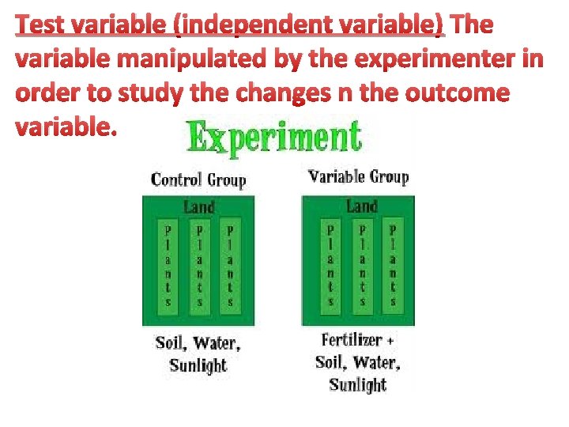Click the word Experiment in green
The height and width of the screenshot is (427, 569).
coord(274,138)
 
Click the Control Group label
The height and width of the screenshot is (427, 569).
coord(198,179)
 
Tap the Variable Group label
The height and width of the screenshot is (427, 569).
coord(358,176)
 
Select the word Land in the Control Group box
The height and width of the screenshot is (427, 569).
coord(198,207)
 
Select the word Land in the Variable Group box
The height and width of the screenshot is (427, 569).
coord(361,206)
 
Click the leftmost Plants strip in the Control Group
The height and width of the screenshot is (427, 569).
coord(168,266)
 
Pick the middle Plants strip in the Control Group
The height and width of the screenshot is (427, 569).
coord(199,266)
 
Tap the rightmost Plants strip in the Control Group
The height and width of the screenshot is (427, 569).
coord(230,266)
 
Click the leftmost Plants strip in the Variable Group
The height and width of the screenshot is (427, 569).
coord(330,266)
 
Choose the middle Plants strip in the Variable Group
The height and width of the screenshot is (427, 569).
coord(361,266)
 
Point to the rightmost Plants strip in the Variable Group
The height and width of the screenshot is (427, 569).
coord(393,266)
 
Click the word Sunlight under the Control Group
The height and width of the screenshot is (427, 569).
coord(198,365)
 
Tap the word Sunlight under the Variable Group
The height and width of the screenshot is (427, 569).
coord(357,385)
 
